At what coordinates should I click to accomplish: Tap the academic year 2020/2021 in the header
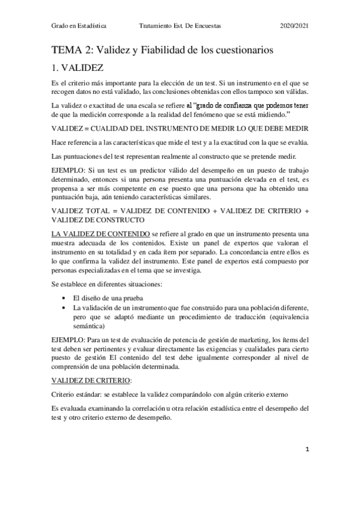[x=294, y=26]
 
